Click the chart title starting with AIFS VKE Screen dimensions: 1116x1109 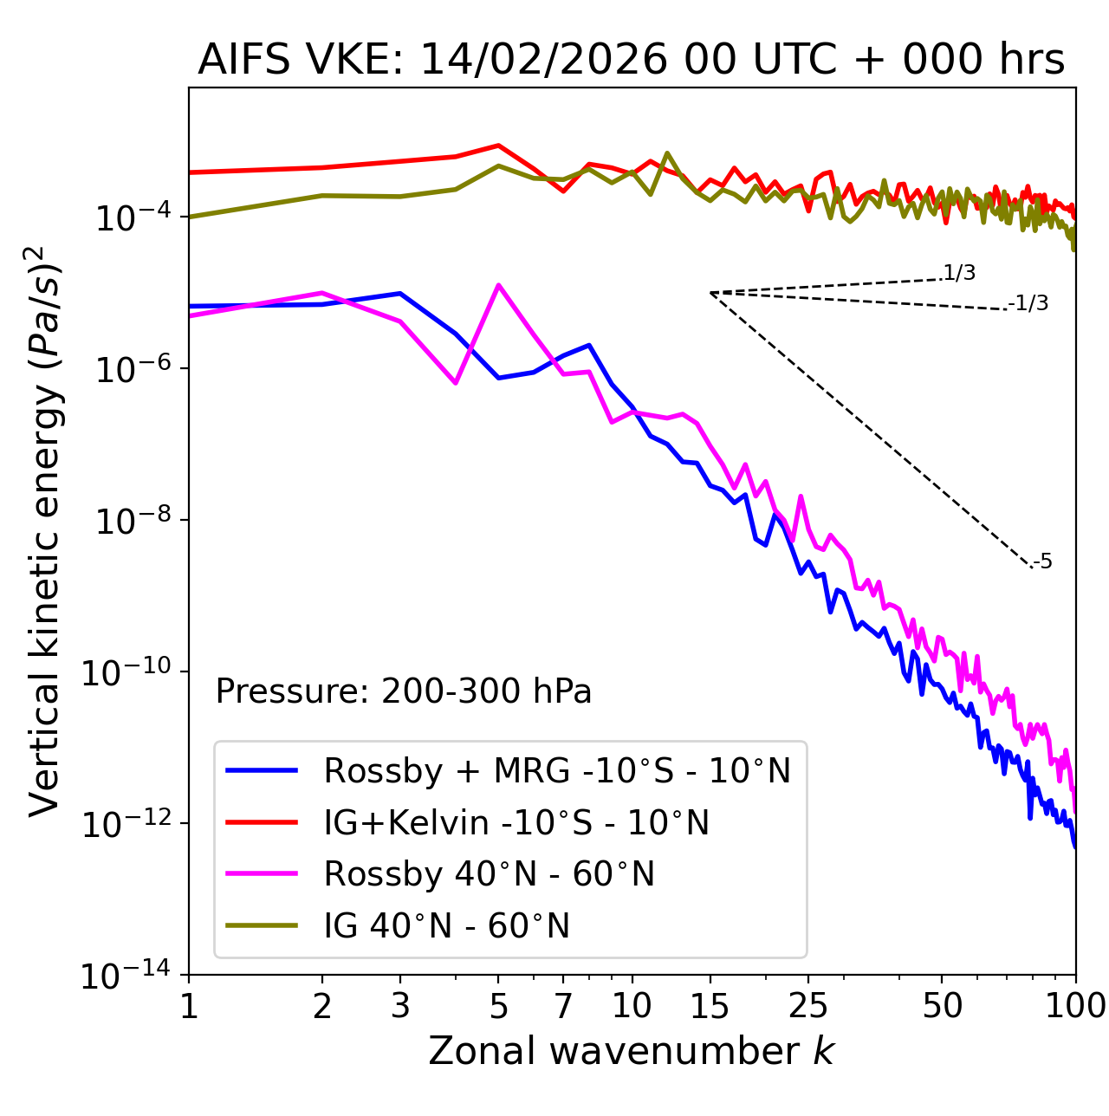tap(631, 61)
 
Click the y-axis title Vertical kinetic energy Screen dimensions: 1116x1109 tap(45, 529)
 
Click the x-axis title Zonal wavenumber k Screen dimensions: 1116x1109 tap(631, 1051)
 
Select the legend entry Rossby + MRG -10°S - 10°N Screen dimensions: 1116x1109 tap(557, 770)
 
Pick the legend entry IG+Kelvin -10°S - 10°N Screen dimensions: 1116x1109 tap(516, 822)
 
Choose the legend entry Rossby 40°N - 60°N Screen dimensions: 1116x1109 tap(489, 874)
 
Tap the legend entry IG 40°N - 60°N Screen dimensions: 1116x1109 tap(447, 926)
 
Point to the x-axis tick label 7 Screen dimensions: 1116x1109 tap(563, 1006)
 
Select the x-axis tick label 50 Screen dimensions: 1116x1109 tap(943, 1006)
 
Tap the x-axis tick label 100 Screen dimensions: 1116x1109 tap(1074, 1006)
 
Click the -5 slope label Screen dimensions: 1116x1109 tap(1043, 562)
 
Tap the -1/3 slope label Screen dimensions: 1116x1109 tap(1029, 303)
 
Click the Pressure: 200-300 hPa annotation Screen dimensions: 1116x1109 tap(404, 691)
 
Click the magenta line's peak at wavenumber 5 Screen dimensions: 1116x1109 tap(498, 285)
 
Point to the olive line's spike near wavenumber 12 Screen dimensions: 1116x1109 tap(666, 153)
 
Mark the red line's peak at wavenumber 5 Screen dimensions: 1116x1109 tap(498, 146)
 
